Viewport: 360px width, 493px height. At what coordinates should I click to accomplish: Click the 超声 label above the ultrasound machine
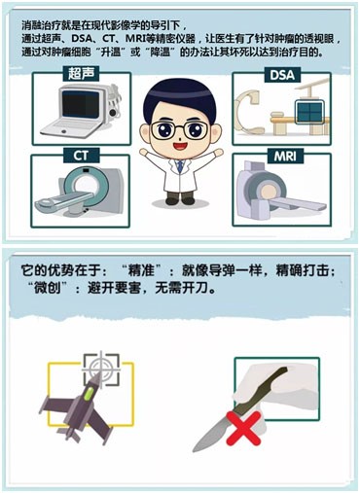[x=81, y=74]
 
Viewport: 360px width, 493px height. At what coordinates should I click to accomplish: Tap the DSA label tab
[x=282, y=75]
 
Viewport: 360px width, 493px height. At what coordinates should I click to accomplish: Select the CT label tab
[x=81, y=156]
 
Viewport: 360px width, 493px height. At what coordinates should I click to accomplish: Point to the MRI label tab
[x=285, y=157]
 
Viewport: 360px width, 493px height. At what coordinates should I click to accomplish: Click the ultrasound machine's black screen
[x=81, y=104]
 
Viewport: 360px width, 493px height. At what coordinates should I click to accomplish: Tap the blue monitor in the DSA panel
[x=309, y=112]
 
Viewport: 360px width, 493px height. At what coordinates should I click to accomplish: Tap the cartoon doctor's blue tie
[x=179, y=166]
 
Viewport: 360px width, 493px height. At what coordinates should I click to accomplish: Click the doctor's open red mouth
[x=179, y=146]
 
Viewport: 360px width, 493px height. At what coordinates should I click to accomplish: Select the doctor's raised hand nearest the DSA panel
[x=219, y=152]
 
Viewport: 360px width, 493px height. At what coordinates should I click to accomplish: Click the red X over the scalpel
[x=243, y=428]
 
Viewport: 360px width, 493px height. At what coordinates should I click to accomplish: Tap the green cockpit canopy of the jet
[x=89, y=394]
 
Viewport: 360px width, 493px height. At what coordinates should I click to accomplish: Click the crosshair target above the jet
[x=101, y=370]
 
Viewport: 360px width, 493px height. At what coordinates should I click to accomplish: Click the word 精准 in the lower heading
[x=140, y=270]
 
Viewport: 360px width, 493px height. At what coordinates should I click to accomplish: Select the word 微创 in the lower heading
[x=48, y=287]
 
